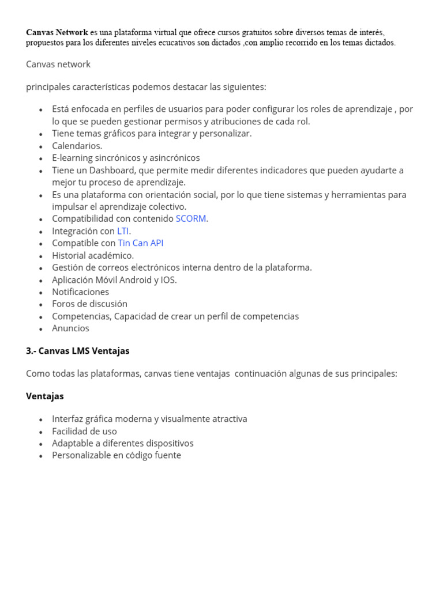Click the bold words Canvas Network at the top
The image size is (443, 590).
[57, 32]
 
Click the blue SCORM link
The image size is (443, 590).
[191, 219]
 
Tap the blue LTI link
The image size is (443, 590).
[123, 231]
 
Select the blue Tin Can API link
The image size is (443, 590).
[141, 243]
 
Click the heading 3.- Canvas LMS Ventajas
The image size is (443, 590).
[78, 351]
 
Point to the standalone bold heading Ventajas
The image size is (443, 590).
[45, 396]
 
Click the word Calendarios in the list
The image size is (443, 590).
[77, 146]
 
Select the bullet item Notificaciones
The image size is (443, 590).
[80, 292]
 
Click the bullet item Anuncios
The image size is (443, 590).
[70, 328]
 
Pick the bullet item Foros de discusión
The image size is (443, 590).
[89, 304]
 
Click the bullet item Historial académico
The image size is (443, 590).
[92, 255]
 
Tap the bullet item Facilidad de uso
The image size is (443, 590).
[84, 432]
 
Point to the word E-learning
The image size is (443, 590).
[72, 158]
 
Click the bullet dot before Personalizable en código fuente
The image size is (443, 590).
[40, 456]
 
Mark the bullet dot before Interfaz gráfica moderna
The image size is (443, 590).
[40, 420]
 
